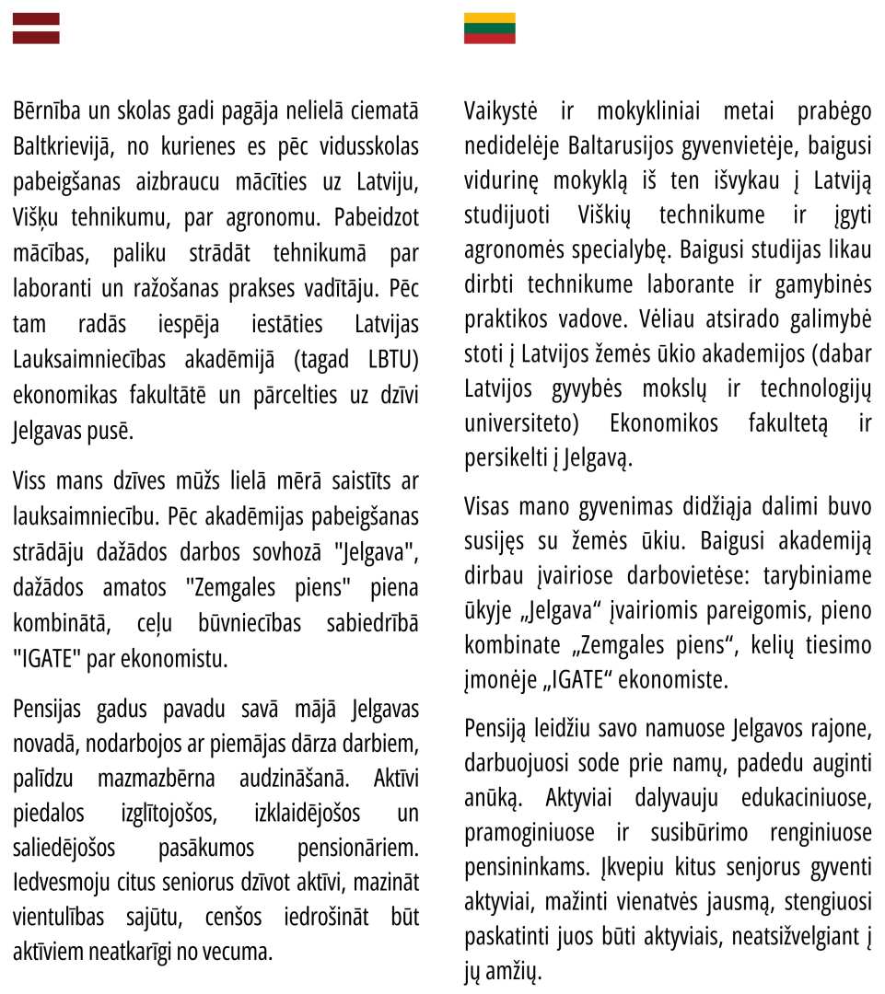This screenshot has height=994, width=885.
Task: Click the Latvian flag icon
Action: click(x=36, y=29)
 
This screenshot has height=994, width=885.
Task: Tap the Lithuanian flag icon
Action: click(x=489, y=29)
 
